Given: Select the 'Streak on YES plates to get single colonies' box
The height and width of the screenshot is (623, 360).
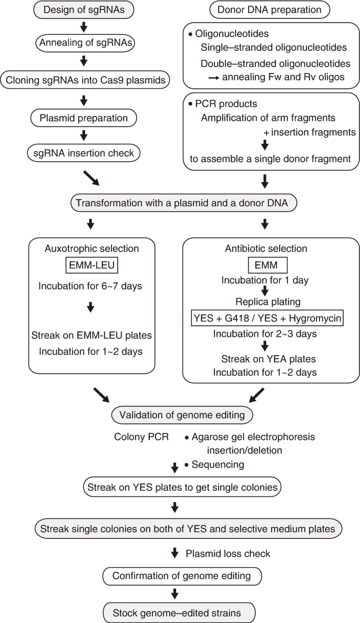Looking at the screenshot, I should coord(182,487).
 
